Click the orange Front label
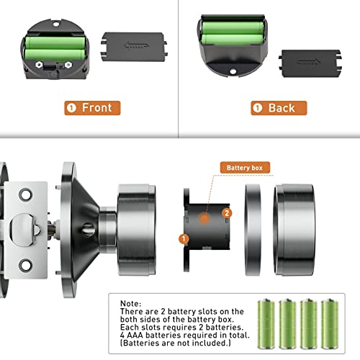(x=92, y=108)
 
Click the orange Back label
(x=279, y=108)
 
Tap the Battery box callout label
(x=245, y=168)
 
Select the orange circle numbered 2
(x=227, y=213)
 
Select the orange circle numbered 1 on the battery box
(x=184, y=239)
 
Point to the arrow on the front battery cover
(x=136, y=45)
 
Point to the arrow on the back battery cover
(x=309, y=62)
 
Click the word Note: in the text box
(x=131, y=303)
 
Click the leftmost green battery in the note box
(x=266, y=324)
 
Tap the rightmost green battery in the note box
(x=330, y=324)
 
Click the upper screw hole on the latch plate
(x=25, y=194)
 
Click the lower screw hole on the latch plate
(x=25, y=265)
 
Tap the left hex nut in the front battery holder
(x=39, y=65)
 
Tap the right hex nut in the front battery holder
(x=68, y=65)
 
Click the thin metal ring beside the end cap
(x=253, y=230)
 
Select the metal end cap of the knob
(x=294, y=230)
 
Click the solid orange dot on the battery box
(x=204, y=218)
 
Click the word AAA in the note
(x=135, y=335)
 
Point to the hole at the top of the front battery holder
(x=55, y=24)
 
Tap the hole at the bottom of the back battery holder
(x=233, y=71)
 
